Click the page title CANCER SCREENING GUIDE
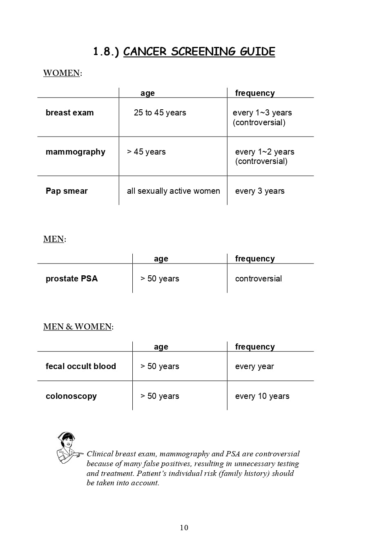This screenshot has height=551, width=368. pyautogui.click(x=199, y=52)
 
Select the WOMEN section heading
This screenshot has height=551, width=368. pyautogui.click(x=62, y=73)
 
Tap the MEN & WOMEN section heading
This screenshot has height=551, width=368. pyautogui.click(x=78, y=327)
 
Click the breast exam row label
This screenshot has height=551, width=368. pyautogui.click(x=69, y=113)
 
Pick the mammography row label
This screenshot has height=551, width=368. pyautogui.click(x=75, y=152)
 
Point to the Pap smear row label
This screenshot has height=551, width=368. pyautogui.click(x=67, y=191)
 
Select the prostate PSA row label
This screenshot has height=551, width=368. pyautogui.click(x=71, y=279)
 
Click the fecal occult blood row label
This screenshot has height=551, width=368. pyautogui.click(x=80, y=367)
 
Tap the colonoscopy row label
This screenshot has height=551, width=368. pyautogui.click(x=71, y=396)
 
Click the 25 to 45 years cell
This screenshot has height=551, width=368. pyautogui.click(x=160, y=113)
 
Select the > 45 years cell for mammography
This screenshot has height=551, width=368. pyautogui.click(x=146, y=152)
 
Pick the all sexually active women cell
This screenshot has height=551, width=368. pyautogui.click(x=173, y=191)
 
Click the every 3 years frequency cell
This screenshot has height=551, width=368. pyautogui.click(x=260, y=191)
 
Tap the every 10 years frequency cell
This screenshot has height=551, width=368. pyautogui.click(x=262, y=396)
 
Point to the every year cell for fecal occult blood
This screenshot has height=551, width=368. pyautogui.click(x=254, y=367)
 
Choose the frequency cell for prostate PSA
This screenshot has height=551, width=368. pyautogui.click(x=259, y=279)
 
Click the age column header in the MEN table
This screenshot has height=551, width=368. pyautogui.click(x=161, y=259)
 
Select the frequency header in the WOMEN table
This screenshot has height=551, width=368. pyautogui.click(x=255, y=93)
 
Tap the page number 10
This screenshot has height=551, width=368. pyautogui.click(x=184, y=528)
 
